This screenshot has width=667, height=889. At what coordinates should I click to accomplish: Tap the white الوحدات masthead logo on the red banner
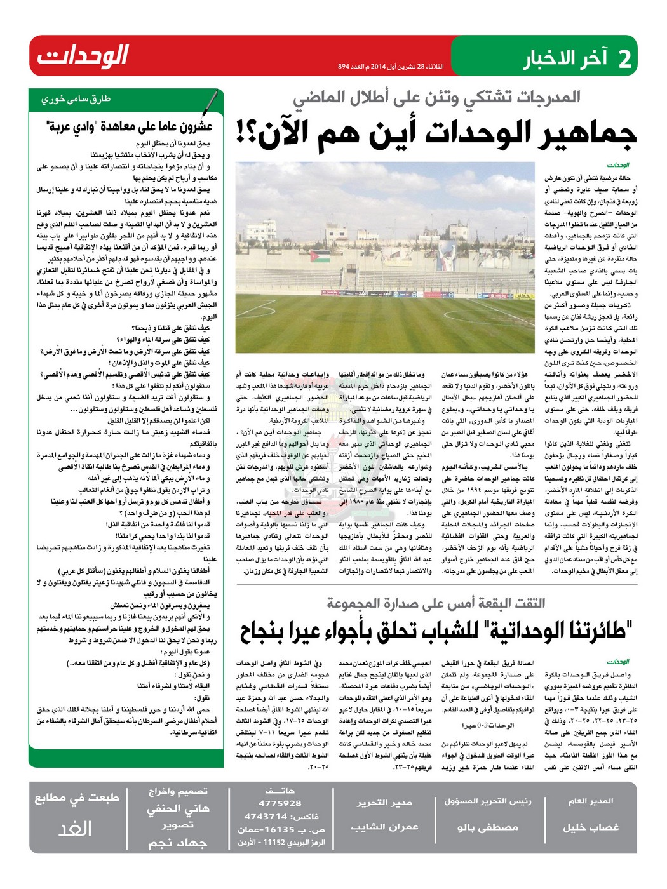83,56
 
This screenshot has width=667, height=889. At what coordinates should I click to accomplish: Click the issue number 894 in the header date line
344,67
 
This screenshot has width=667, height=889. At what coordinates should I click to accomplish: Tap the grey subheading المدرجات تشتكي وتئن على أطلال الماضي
436,97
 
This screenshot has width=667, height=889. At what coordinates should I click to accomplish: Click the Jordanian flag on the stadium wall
322,258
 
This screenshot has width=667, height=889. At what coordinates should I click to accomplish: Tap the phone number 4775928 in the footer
280,803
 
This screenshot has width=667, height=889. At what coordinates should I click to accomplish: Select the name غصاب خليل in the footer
590,827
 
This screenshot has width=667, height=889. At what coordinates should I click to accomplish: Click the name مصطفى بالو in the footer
487,827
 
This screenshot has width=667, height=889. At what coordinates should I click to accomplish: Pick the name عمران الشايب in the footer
384,827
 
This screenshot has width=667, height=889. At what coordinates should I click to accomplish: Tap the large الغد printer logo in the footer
75,829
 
